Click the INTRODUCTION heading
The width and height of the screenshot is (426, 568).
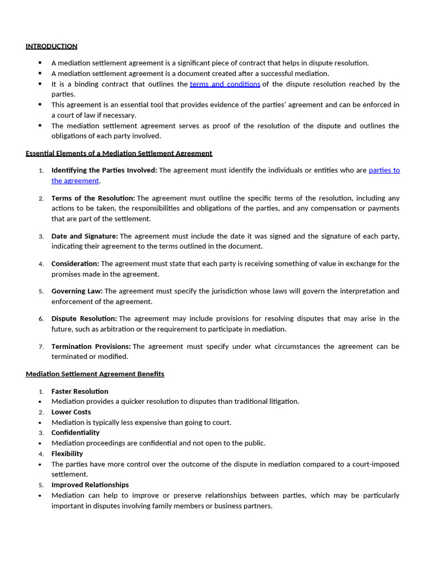52,46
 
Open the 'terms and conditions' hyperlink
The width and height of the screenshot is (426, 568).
225,84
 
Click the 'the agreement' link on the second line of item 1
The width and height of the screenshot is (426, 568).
75,181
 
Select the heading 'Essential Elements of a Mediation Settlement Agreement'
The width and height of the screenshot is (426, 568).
119,153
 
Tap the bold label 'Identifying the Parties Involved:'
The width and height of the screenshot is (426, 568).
104,170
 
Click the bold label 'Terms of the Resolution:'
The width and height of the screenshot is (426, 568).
93,198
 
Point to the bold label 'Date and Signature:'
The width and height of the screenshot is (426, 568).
84,236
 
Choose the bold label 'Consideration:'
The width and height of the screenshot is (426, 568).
75,264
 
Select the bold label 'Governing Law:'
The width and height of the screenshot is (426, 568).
77,291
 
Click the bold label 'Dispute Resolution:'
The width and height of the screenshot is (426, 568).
84,318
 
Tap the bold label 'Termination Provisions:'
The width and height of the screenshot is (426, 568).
91,347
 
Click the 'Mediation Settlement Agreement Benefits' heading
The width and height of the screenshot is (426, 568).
95,374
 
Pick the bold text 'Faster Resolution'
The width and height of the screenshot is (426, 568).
80,392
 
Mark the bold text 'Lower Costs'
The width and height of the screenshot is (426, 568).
71,412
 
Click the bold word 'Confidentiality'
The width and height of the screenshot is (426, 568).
75,433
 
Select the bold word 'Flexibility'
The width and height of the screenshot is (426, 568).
67,454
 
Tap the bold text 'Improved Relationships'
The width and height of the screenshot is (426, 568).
90,485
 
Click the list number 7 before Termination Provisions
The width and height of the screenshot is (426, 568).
41,347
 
